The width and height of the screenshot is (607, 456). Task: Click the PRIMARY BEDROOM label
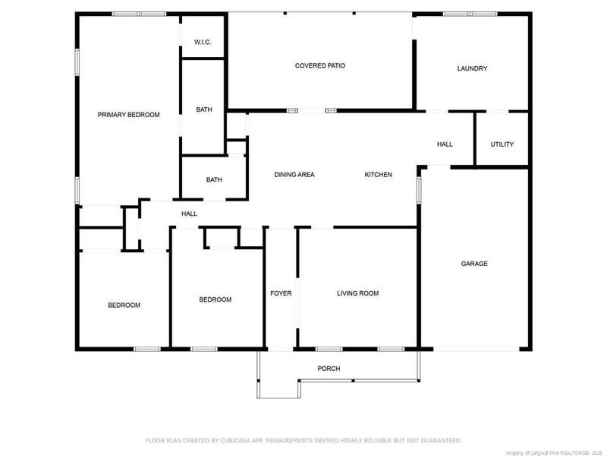[128, 115]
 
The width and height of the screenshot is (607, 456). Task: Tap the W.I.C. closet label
[202, 42]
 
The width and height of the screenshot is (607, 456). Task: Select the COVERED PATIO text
[319, 66]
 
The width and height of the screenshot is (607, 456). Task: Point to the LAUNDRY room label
[472, 68]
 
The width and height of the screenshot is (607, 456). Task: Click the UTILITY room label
[502, 144]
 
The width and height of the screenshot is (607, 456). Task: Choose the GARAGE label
[474, 264]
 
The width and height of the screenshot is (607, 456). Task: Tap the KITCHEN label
[378, 175]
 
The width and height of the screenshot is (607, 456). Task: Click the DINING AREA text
[294, 175]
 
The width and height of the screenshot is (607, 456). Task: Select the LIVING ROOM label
[357, 293]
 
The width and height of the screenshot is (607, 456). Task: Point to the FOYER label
[281, 293]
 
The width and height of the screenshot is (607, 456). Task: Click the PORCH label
[329, 369]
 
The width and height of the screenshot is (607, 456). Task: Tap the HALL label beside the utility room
[445, 144]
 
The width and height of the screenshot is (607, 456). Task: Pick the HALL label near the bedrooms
[189, 214]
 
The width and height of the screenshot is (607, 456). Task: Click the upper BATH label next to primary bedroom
[204, 110]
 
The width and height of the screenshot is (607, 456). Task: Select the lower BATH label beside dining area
[214, 180]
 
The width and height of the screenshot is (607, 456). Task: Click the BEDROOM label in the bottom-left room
[124, 306]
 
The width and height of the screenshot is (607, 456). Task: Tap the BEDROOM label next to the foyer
[215, 299]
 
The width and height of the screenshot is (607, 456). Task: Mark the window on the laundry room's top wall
[470, 14]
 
